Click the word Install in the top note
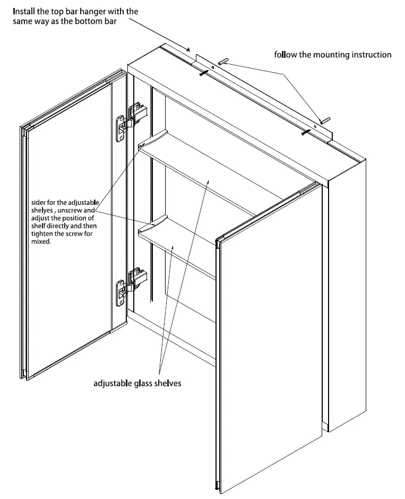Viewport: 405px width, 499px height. pyautogui.click(x=24, y=11)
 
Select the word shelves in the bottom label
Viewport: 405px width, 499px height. pyautogui.click(x=168, y=383)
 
